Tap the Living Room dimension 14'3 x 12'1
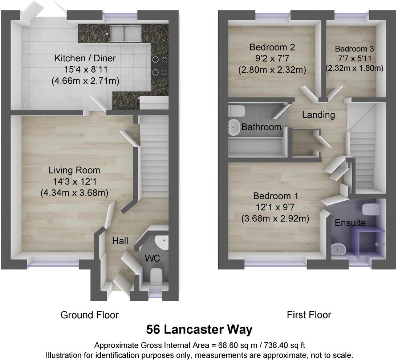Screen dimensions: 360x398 point(74,181)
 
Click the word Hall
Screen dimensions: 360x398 point(120,241)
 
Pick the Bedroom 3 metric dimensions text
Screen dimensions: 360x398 point(354,68)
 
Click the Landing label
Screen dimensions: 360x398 point(318,115)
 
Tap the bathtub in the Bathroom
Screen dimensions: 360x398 point(256,148)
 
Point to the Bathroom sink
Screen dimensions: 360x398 point(234,127)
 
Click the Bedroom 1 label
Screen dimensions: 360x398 point(276,196)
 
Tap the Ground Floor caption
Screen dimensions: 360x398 point(89,315)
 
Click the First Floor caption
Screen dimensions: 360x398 point(309,315)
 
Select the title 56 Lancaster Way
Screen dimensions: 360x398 point(199,330)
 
